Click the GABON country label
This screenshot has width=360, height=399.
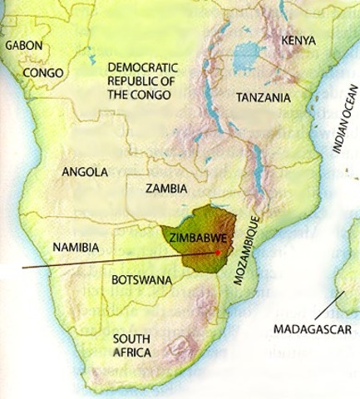point(23,45)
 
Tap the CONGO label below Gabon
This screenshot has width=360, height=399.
point(44,73)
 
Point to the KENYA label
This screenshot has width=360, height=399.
point(299,40)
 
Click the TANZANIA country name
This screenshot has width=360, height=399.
point(263,97)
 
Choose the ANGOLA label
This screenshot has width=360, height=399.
point(85,172)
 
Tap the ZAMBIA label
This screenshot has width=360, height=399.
point(165,189)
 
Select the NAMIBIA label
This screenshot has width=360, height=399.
point(76,247)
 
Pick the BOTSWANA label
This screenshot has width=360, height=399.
point(141,280)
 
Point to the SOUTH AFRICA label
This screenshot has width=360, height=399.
point(132,346)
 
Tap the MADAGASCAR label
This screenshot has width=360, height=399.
point(313,329)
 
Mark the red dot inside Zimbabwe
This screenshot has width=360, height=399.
point(218,251)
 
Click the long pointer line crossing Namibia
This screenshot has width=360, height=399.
point(100,261)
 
